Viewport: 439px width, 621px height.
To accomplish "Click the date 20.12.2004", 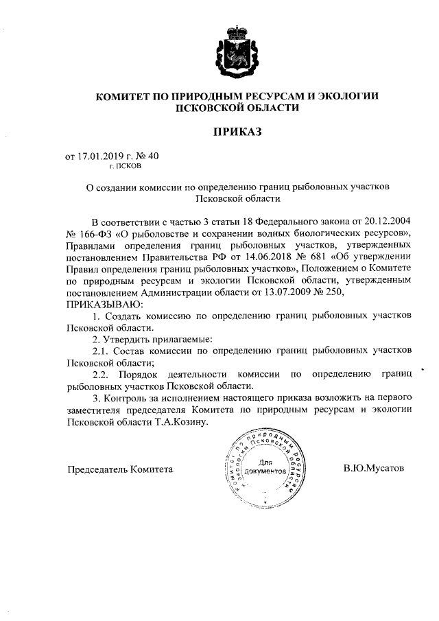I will (x=384, y=222).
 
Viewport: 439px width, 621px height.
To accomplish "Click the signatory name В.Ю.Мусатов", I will (x=374, y=469).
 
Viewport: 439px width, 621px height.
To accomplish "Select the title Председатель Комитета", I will (x=119, y=469).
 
